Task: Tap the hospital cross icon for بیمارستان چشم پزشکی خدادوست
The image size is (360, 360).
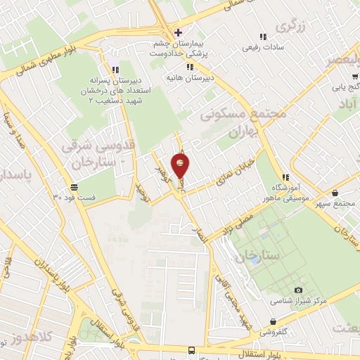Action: (178, 32)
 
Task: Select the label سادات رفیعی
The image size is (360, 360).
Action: (262, 48)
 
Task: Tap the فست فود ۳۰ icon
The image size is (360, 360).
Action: (74, 187)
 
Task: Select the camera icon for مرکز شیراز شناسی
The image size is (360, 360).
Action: (298, 290)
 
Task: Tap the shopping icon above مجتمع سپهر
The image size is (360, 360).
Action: (334, 193)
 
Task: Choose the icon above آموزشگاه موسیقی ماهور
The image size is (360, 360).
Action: (285, 176)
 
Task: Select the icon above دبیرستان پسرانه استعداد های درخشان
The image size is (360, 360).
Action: (115, 68)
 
